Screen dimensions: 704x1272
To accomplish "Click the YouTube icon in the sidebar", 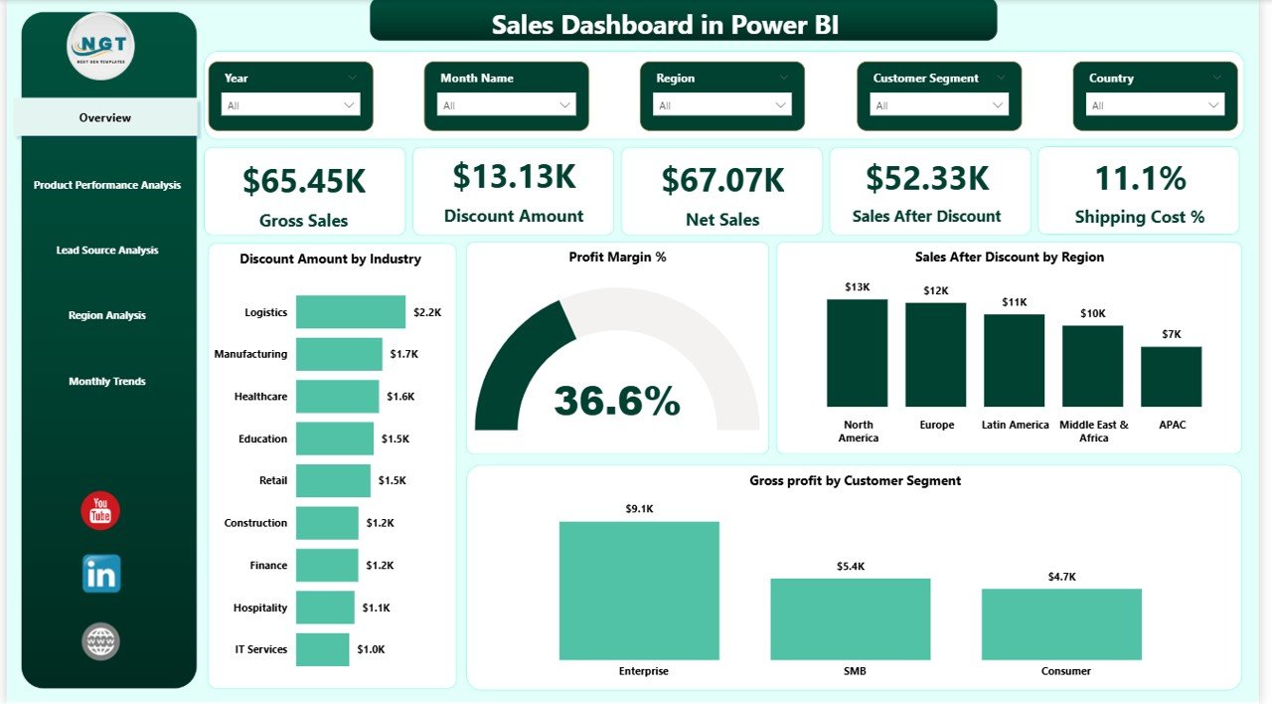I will click(100, 510).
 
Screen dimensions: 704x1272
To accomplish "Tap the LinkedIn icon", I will click(101, 574).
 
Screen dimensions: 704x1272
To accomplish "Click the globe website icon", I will click(100, 641).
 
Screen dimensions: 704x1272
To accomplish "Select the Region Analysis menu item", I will click(106, 315).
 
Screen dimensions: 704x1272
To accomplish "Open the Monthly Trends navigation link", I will click(106, 381).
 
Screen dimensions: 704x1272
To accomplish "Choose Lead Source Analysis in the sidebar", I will click(106, 250).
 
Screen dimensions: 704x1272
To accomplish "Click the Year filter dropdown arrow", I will click(349, 104).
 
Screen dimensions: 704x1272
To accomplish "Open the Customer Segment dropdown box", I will click(939, 104).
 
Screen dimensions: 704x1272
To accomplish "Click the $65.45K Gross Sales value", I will click(304, 181).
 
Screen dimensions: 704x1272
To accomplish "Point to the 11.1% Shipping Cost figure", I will click(1140, 179).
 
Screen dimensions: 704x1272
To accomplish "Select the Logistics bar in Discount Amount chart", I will click(351, 312).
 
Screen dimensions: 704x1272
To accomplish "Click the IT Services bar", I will click(322, 649).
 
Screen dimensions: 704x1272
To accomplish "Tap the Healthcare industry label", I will click(260, 397).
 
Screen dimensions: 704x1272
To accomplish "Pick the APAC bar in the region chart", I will click(1171, 377).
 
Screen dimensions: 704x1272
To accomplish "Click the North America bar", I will click(857, 353).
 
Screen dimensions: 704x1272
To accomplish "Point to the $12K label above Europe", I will click(935, 290).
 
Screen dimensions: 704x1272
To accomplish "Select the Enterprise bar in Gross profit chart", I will click(639, 591).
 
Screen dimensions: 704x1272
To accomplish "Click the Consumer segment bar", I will click(1061, 624).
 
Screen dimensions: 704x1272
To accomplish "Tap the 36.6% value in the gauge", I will click(617, 401).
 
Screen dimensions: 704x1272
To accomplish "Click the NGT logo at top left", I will click(100, 46).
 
